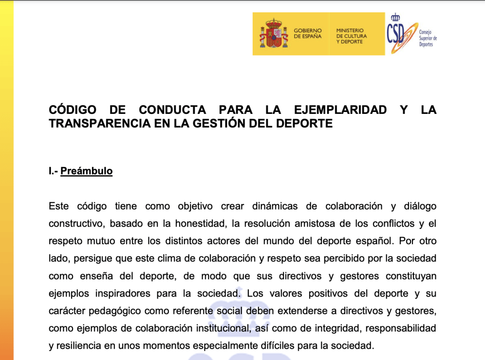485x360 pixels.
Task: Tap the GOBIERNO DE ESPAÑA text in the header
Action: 308,33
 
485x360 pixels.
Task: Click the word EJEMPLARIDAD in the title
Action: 340,110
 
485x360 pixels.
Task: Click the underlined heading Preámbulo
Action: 86,171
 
